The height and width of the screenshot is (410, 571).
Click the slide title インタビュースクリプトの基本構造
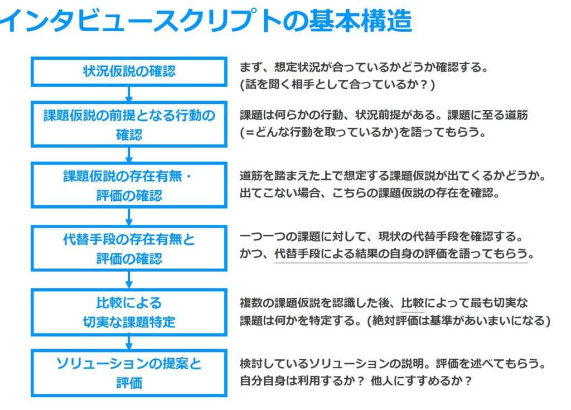tap(206, 21)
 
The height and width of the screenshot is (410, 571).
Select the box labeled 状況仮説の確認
tap(129, 71)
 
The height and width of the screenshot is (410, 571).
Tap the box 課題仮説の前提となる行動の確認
tap(129, 124)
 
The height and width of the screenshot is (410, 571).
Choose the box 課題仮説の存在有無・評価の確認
tap(129, 185)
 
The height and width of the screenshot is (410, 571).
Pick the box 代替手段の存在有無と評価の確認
tap(129, 248)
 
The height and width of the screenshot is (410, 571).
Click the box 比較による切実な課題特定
tap(129, 312)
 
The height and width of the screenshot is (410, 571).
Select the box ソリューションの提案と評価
tap(129, 373)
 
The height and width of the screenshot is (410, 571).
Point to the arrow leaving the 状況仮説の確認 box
tap(129, 94)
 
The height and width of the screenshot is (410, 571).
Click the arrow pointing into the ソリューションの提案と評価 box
tap(129, 343)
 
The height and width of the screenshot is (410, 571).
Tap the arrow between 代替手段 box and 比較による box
tap(129, 280)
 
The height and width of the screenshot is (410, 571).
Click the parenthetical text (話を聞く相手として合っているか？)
tap(337, 85)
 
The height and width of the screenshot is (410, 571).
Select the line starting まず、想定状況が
tap(364, 67)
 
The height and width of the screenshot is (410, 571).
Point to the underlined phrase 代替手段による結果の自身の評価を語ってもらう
tap(401, 254)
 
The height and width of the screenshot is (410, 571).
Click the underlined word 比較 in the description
tap(413, 303)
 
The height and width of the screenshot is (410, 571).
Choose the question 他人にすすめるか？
tap(422, 381)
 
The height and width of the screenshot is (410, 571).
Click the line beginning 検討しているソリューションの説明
tap(393, 363)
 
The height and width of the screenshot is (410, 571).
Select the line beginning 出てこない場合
tap(369, 193)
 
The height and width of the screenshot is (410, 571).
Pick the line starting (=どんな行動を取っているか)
tap(362, 132)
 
